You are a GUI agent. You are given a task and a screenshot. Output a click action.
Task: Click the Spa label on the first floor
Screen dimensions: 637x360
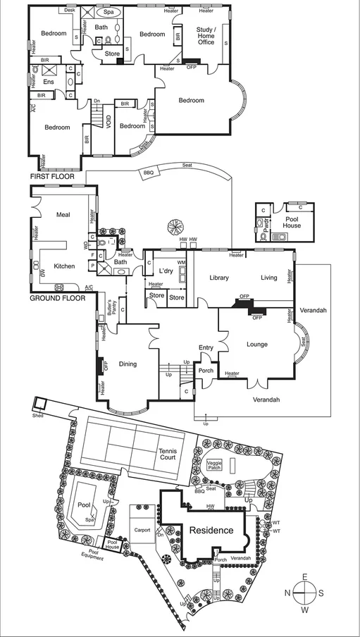pos(108,13)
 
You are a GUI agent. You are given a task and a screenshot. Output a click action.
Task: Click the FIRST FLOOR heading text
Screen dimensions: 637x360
pos(54,176)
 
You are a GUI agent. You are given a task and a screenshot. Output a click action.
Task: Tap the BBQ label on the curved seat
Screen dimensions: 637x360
pos(149,172)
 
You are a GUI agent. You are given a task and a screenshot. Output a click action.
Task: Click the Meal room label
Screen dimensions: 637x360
pos(63,216)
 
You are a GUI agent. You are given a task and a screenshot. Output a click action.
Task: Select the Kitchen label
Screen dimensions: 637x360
pos(64,266)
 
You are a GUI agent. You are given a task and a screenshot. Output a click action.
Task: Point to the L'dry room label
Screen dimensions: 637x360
pos(166,271)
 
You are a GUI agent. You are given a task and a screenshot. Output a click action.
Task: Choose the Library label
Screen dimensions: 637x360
pos(220,278)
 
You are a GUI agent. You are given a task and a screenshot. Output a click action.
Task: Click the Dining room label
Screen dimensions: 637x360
pos(128,364)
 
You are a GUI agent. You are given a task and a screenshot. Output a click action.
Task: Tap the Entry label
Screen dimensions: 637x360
pos(206,347)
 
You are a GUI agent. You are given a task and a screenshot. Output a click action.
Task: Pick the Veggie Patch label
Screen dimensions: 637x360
pos(214,464)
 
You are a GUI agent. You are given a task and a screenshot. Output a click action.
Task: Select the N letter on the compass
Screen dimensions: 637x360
pos(287,593)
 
